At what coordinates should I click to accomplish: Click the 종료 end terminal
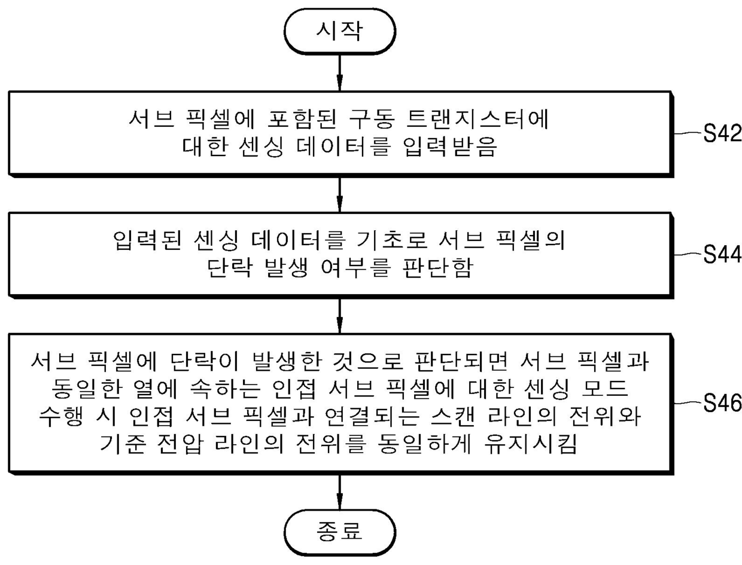pyautogui.click(x=339, y=530)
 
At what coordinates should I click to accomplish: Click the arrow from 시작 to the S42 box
pyautogui.click(x=339, y=73)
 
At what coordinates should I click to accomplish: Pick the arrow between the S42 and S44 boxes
pyautogui.click(x=339, y=195)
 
